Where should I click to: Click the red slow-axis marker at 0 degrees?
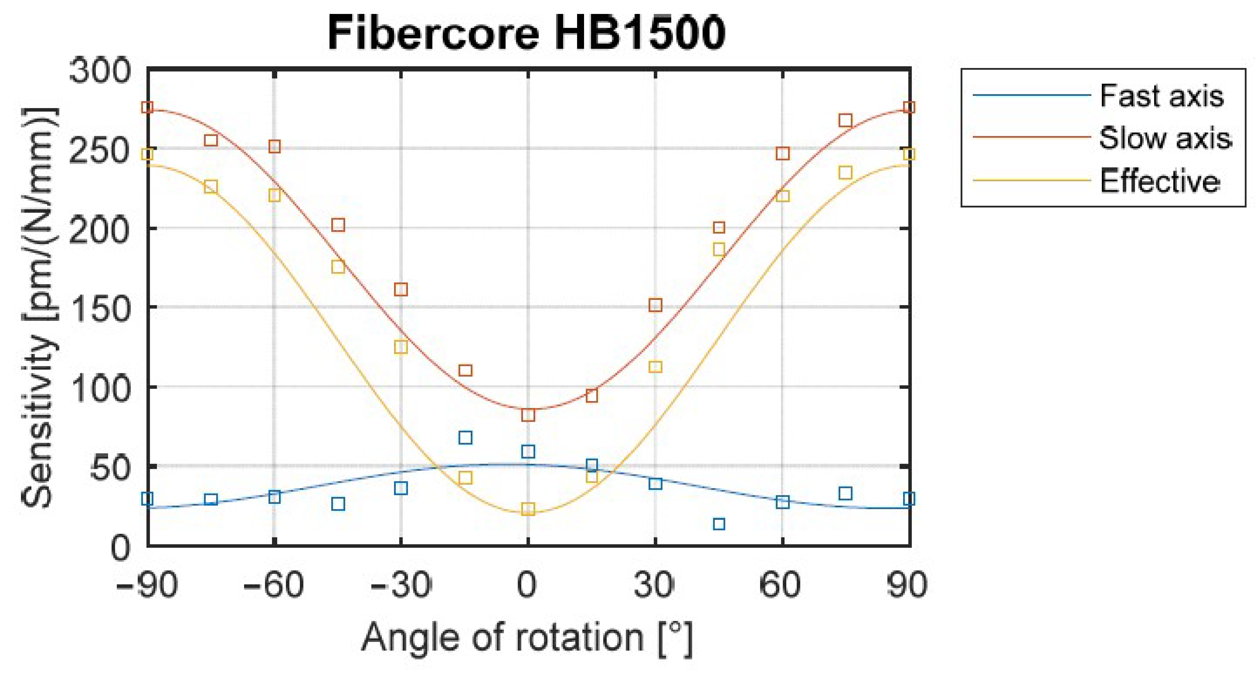pos(528,415)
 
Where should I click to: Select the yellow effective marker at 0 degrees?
pos(528,509)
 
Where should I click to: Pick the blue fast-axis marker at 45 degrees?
pos(719,524)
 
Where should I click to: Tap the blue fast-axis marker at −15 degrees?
pos(465,438)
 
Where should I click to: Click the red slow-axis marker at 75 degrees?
pos(846,120)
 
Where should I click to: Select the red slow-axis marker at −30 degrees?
pos(400,290)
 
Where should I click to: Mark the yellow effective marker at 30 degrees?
pos(655,366)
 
